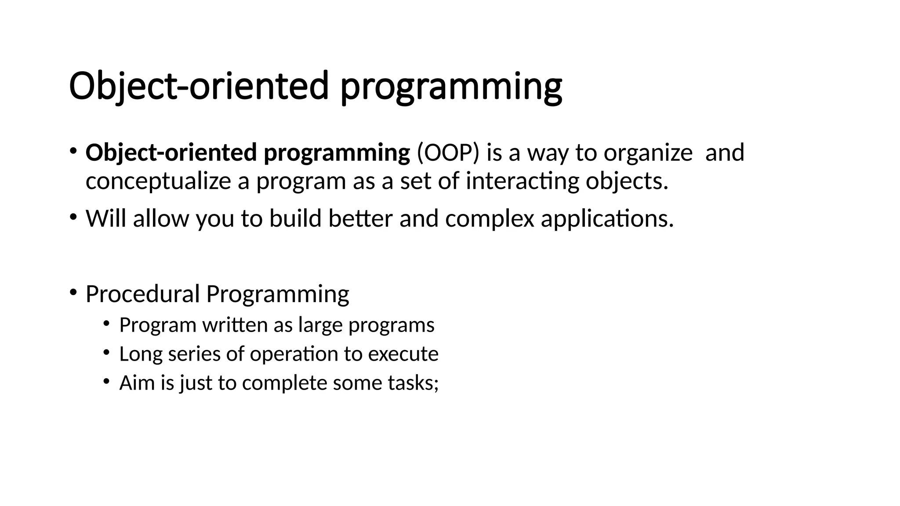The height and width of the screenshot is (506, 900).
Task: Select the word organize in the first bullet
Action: [x=648, y=153]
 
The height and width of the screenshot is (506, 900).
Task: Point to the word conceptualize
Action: [x=158, y=181]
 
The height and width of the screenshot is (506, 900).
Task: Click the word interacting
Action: [x=522, y=181]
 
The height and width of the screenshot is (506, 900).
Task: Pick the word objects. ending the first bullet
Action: [x=627, y=181]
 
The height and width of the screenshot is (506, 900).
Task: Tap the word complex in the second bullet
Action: [x=490, y=218]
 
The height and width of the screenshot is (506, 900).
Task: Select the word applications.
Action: [x=607, y=218]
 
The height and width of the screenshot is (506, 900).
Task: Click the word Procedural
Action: [x=142, y=294]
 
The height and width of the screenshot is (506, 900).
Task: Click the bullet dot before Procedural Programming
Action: [x=73, y=292]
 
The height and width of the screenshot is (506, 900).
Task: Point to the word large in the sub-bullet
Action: [x=320, y=325]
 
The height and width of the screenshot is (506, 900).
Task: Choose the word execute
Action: [x=403, y=354]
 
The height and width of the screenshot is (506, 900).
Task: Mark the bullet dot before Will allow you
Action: [x=73, y=217]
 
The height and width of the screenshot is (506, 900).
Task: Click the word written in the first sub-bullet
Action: [x=235, y=325]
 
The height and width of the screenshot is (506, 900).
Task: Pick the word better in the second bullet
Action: [x=360, y=218]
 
